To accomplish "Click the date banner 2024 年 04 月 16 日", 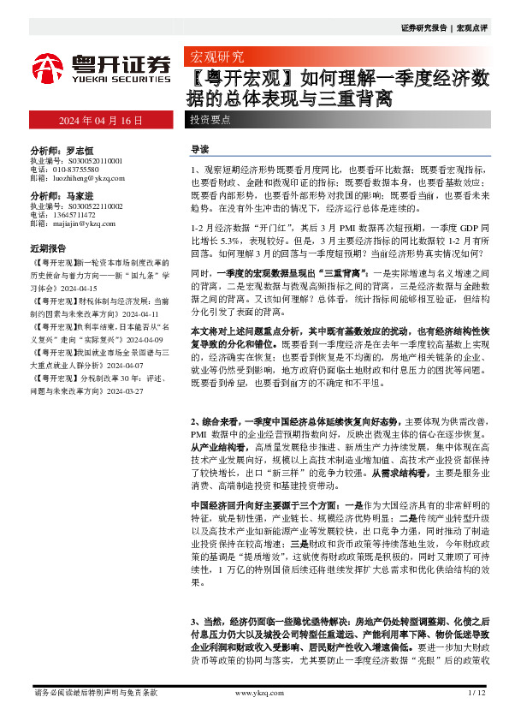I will coord(100,120).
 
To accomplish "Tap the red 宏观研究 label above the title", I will coord(215,58).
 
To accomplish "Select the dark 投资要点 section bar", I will coord(210,120).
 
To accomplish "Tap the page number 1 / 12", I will coord(477,692).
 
